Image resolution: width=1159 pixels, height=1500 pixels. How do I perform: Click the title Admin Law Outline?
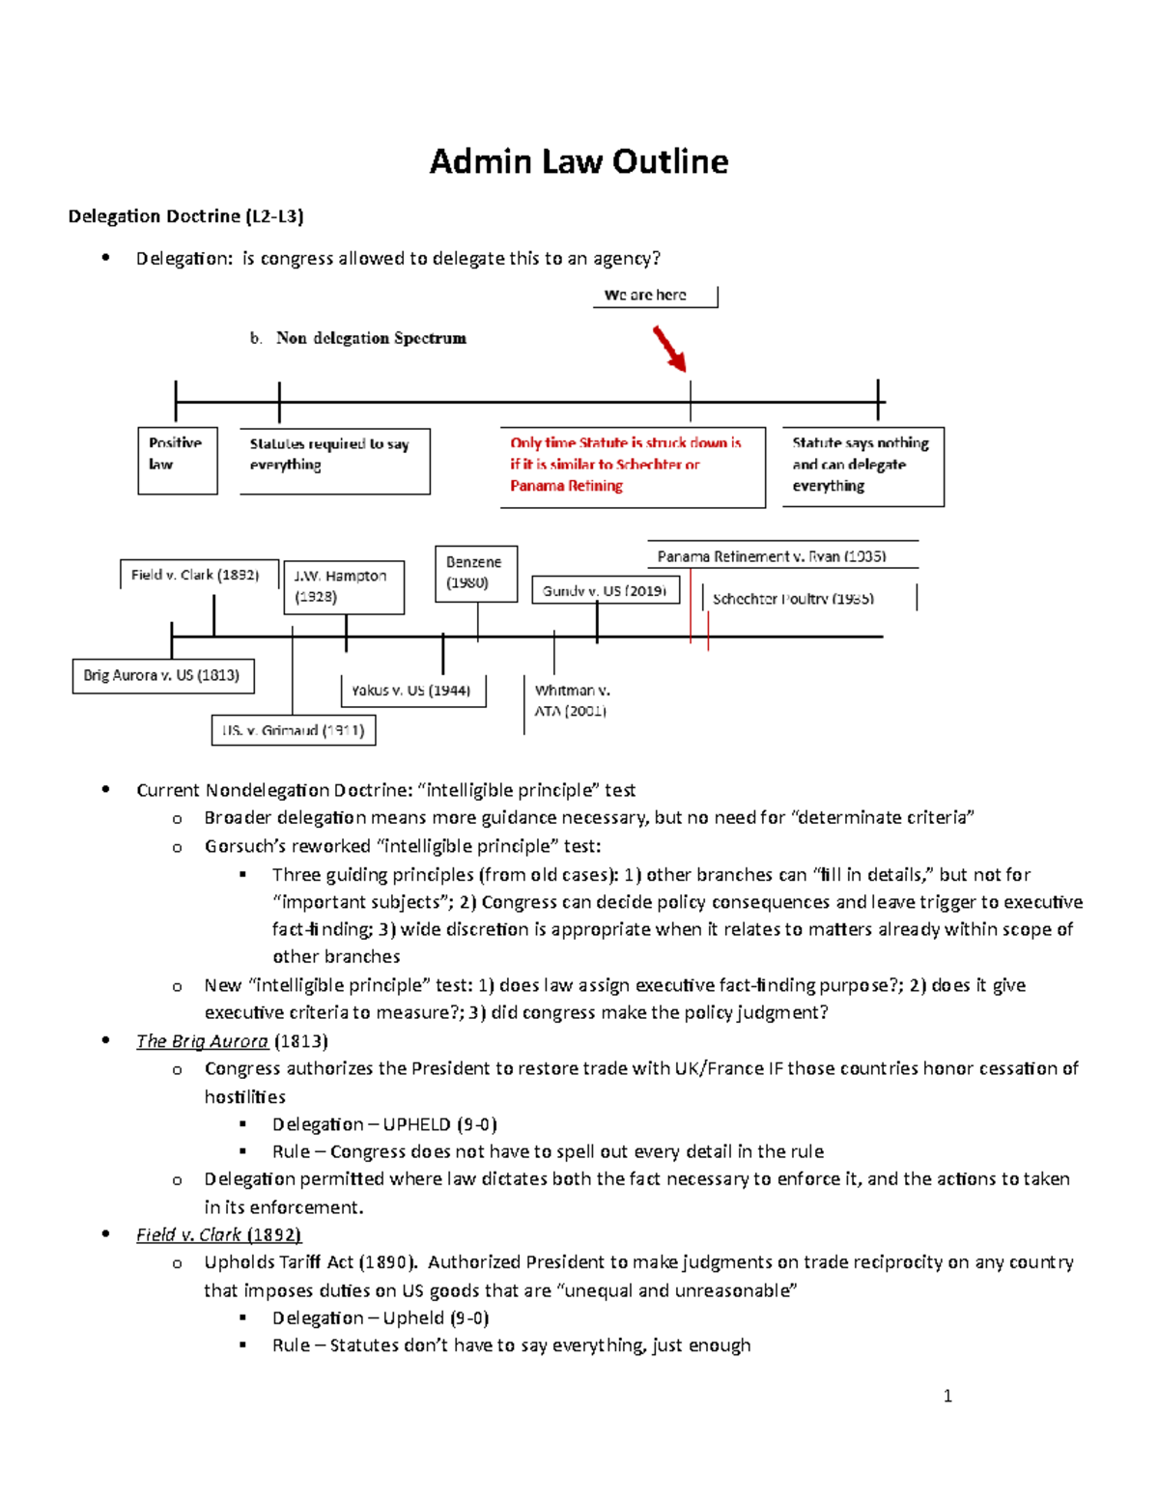[x=579, y=161]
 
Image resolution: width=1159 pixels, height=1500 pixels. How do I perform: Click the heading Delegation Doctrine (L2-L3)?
[x=185, y=216]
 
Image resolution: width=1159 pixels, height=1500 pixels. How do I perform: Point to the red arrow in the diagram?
[x=669, y=349]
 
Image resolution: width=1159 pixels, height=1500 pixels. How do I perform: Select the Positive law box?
[x=177, y=460]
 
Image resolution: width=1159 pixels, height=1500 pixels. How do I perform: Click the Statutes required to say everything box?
[x=333, y=461]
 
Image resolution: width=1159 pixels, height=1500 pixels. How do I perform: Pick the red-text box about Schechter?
[x=632, y=466]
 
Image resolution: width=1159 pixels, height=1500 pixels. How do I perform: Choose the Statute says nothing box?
[x=862, y=466]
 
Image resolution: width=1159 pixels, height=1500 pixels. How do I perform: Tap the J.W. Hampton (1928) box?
[x=345, y=586]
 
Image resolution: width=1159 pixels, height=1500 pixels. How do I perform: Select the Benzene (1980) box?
[x=474, y=573]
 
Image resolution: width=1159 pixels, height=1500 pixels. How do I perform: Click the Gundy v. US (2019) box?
[x=605, y=590]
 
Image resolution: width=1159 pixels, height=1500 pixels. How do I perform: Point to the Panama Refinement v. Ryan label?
[x=772, y=556]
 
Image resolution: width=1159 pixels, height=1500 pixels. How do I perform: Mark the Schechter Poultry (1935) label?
[x=794, y=599]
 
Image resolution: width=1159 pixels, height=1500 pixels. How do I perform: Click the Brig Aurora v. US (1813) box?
[x=162, y=676]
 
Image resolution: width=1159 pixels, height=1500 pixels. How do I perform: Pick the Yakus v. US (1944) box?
[x=412, y=691]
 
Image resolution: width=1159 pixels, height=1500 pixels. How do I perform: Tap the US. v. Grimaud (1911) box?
[x=294, y=730]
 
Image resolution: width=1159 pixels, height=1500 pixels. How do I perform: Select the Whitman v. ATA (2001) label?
[x=572, y=701]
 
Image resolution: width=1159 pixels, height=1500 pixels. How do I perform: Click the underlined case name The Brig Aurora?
[x=202, y=1041]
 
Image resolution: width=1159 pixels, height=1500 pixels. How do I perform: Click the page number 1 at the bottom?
[x=947, y=1396]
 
